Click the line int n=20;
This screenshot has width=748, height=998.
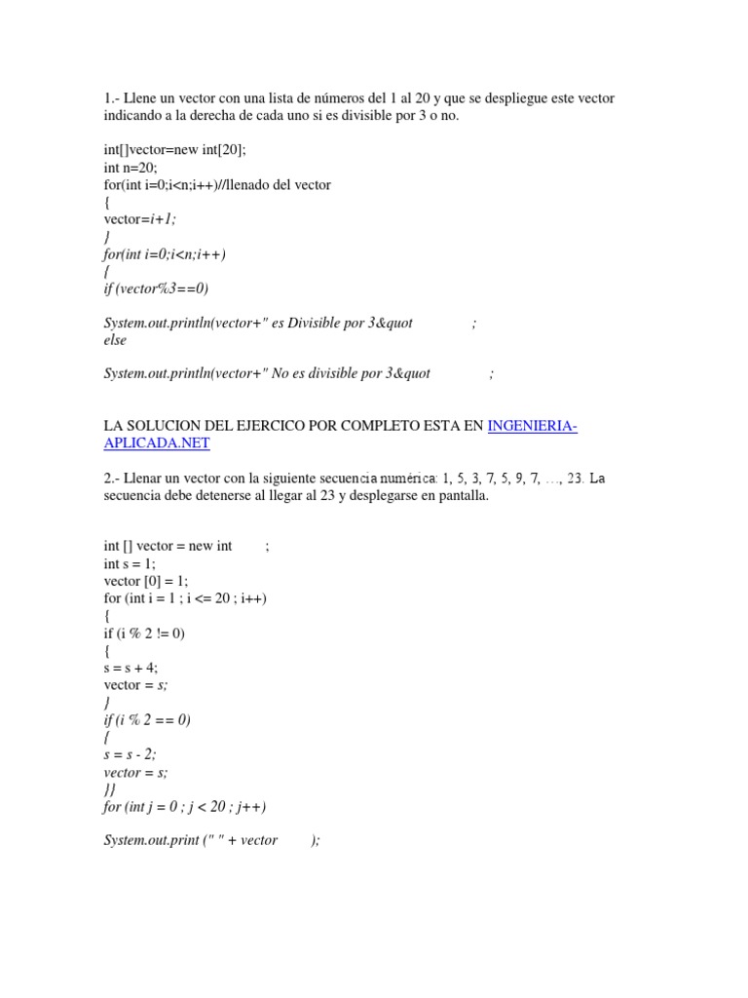click(x=131, y=168)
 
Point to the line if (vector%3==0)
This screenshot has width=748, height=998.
click(x=156, y=288)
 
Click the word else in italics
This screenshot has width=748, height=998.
click(x=115, y=341)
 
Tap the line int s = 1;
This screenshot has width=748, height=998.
click(x=130, y=563)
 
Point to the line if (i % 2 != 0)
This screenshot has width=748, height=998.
click(x=144, y=633)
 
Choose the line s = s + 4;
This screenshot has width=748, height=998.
click(x=131, y=669)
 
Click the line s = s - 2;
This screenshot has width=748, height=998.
click(x=130, y=755)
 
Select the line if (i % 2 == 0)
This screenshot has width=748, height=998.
click(x=147, y=720)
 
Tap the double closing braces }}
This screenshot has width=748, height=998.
click(x=109, y=790)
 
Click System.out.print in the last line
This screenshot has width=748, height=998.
click(x=150, y=841)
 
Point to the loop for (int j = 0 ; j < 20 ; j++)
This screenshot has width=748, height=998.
click(x=184, y=807)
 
